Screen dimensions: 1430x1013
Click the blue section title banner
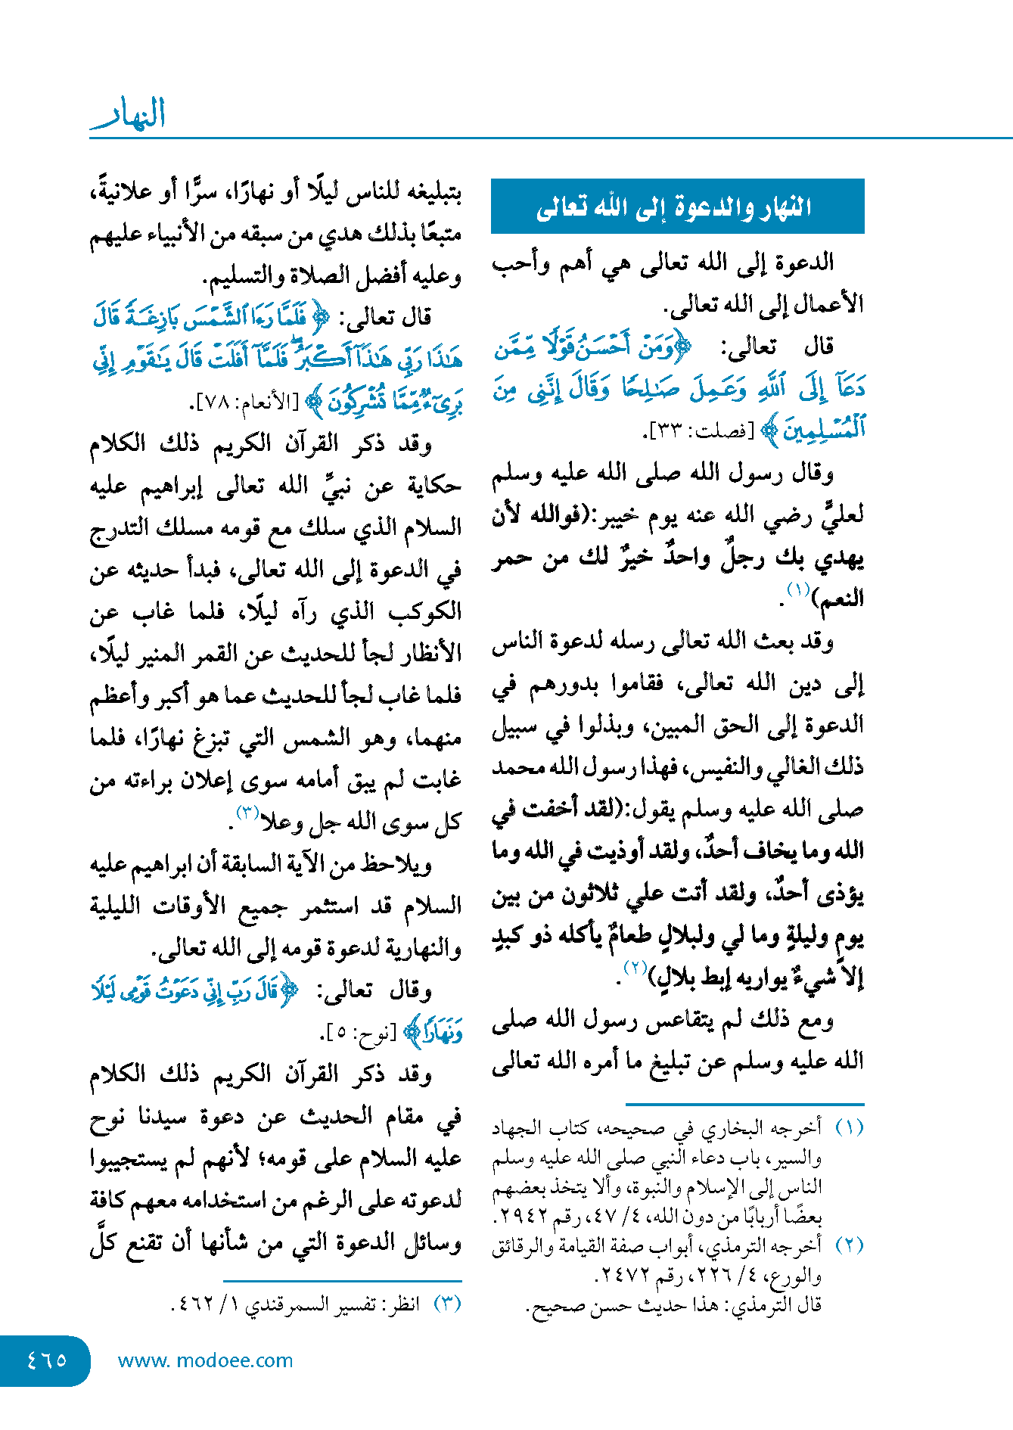coord(677,206)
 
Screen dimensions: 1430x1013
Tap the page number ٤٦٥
coord(46,1360)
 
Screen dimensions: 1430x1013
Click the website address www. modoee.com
coord(205,1360)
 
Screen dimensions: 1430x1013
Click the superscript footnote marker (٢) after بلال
coord(634,968)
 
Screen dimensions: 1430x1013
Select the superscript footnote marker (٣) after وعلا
coord(247,813)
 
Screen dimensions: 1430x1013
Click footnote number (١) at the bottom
coord(849,1128)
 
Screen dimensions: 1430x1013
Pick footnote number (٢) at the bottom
coord(849,1245)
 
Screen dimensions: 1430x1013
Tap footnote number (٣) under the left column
coord(446,1304)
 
